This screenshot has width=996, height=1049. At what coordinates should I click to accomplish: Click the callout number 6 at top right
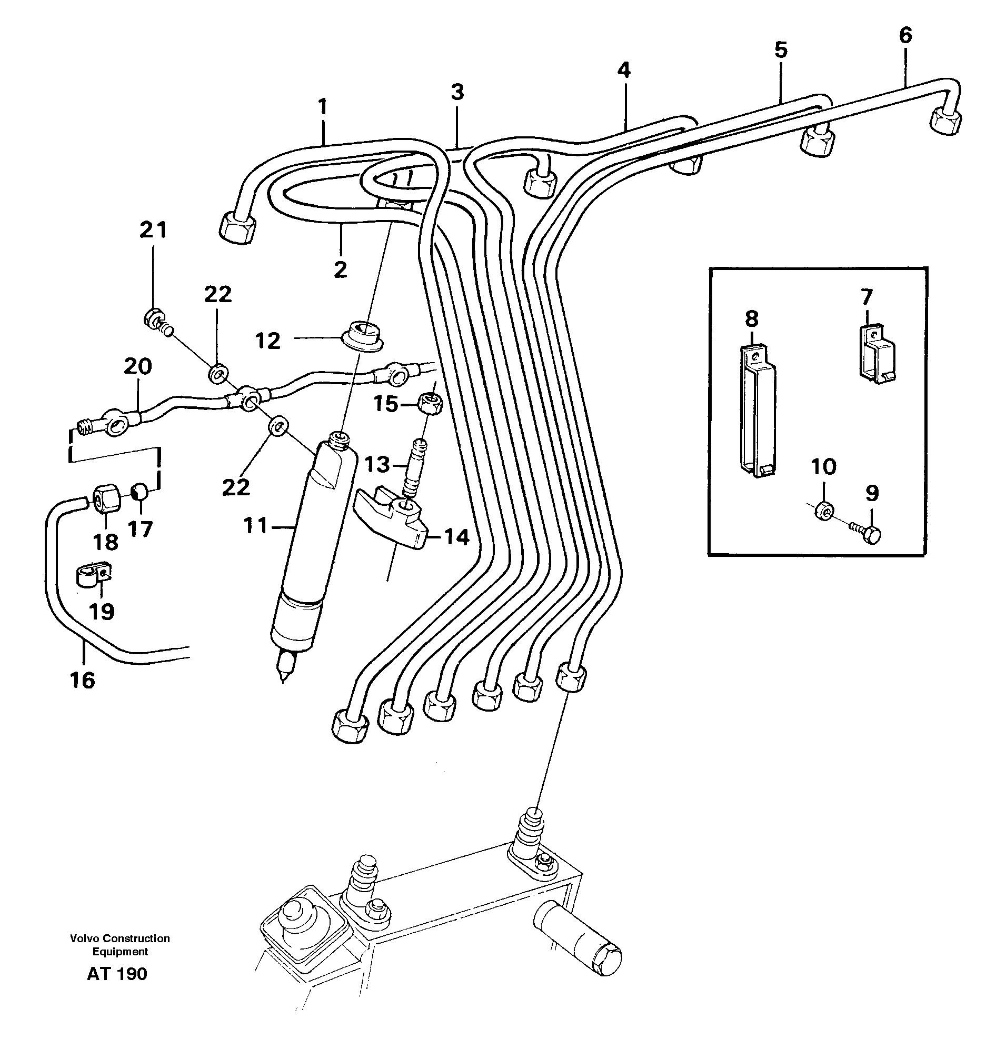point(905,36)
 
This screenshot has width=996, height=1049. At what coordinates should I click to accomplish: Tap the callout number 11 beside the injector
point(256,526)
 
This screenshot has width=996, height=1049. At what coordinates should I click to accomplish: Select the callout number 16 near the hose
point(82,680)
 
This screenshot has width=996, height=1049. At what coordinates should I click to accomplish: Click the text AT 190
point(117,974)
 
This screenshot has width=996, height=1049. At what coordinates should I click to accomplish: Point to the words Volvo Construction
point(120,938)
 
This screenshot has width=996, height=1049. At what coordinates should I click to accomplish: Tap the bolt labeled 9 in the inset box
point(871,534)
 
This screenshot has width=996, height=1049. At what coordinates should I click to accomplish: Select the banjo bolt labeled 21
point(154,318)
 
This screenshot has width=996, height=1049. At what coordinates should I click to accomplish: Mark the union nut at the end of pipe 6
point(945,121)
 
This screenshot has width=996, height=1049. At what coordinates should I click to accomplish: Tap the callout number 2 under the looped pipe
point(340,269)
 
